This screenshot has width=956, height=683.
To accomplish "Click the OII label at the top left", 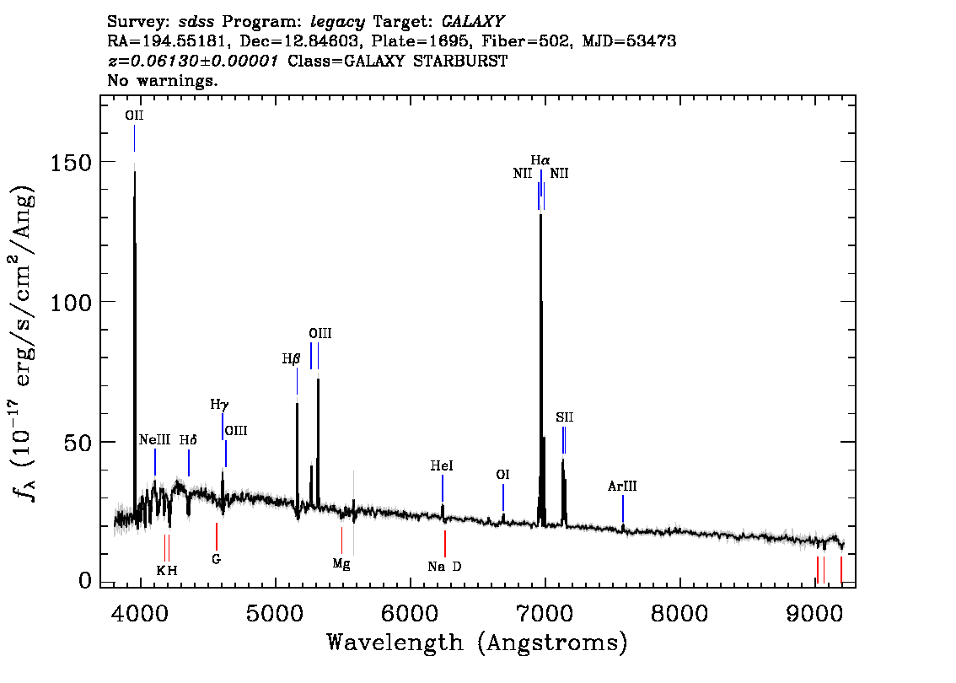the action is point(134,116).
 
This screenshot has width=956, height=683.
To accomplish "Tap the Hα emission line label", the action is point(540,160).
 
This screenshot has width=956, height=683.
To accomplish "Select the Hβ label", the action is point(291,358).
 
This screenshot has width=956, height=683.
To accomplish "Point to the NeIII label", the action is point(154,439).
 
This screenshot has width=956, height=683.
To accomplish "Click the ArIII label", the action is point(622,486).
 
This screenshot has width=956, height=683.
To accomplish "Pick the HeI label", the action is point(442,466).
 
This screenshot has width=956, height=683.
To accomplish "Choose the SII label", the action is point(564,417).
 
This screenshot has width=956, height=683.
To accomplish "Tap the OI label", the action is point(503,475).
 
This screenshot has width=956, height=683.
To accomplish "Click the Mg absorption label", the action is point(341,564).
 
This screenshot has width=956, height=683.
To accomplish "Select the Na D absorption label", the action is point(444,567).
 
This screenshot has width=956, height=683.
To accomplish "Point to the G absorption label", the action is point(217,558).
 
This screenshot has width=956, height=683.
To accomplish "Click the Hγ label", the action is point(219,404).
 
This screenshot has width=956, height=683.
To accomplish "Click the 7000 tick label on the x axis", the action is point(544,612).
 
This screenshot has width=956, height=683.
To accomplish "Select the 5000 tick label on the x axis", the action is point(275,612).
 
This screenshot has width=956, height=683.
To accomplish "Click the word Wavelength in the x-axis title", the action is point(395,643).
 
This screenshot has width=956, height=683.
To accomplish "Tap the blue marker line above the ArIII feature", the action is point(622,508).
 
